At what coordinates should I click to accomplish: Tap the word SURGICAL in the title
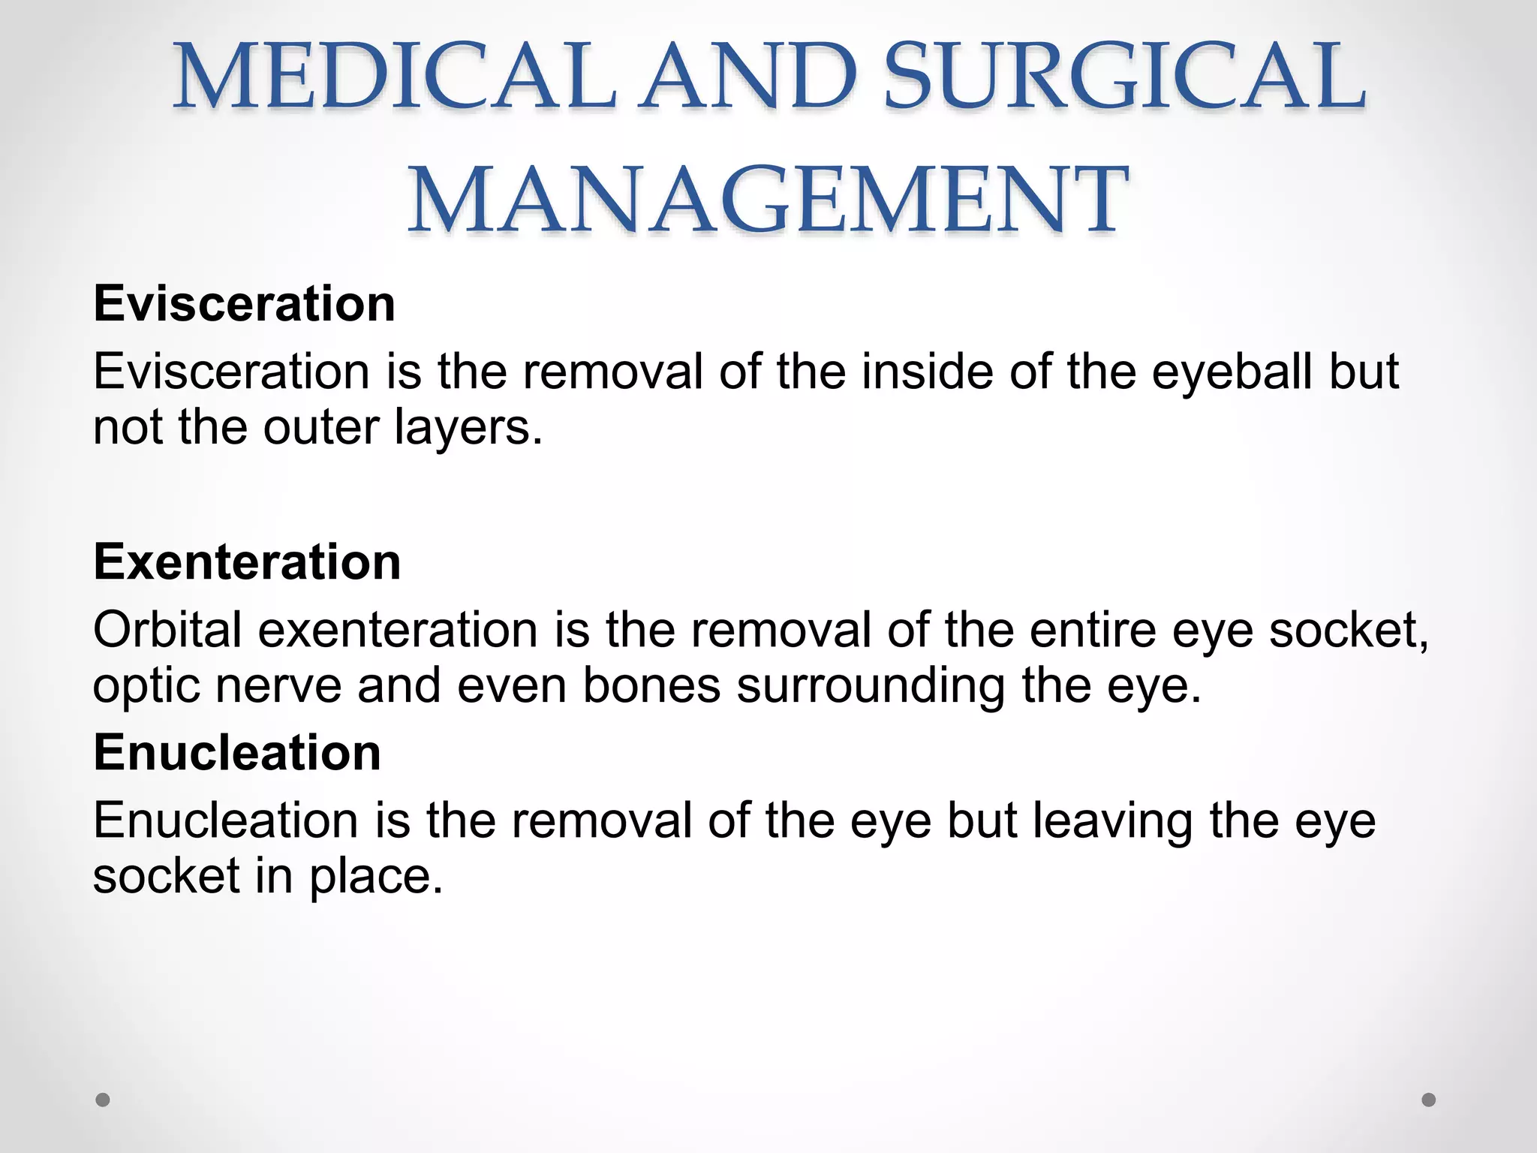(x=1124, y=77)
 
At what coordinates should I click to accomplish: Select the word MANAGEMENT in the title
(x=768, y=200)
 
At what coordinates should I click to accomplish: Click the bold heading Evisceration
(x=244, y=304)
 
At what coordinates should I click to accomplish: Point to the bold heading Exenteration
(x=247, y=562)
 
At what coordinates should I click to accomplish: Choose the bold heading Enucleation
(x=237, y=753)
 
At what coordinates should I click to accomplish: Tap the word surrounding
(x=871, y=685)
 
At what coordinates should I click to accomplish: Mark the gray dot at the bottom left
(x=103, y=1100)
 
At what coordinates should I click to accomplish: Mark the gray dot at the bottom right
(x=1429, y=1100)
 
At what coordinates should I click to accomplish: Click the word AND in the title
(x=750, y=77)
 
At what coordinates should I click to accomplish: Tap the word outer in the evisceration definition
(x=321, y=427)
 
